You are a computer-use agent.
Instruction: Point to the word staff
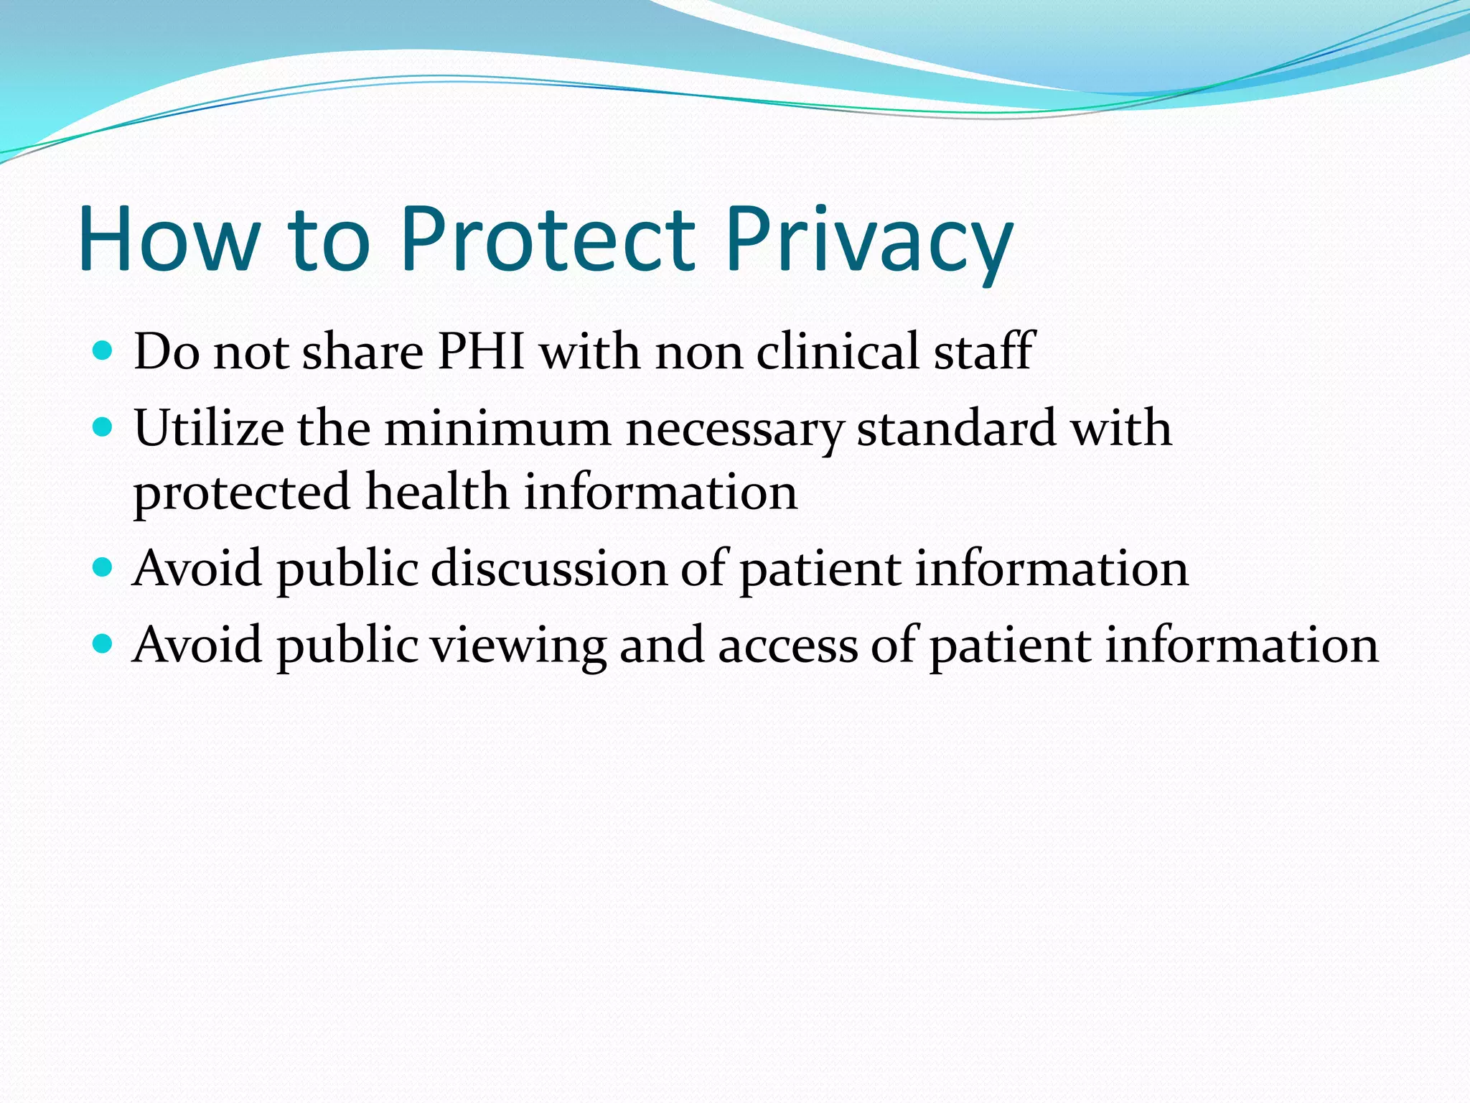983,352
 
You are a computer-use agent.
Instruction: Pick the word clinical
838,352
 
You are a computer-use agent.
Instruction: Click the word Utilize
209,428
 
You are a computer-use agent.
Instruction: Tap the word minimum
497,428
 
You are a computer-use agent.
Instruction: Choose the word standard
956,428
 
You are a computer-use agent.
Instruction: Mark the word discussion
548,569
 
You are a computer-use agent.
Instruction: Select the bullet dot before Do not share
103,351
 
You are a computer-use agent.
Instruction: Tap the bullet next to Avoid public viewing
103,644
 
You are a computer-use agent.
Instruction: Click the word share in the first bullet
362,352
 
